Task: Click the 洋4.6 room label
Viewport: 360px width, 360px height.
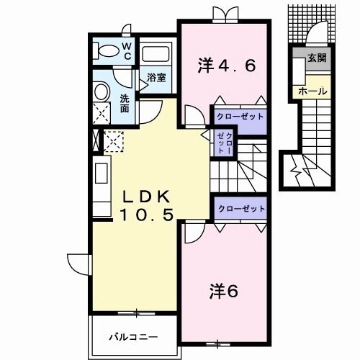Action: click(225, 67)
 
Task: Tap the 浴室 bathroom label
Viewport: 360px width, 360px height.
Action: click(157, 78)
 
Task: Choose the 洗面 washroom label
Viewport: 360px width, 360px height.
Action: click(125, 104)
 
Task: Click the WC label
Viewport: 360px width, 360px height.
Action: click(126, 50)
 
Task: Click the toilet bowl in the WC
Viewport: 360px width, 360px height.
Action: click(107, 50)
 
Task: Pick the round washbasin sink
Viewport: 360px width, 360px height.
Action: click(101, 91)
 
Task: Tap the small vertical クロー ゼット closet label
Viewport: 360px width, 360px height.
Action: click(225, 142)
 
